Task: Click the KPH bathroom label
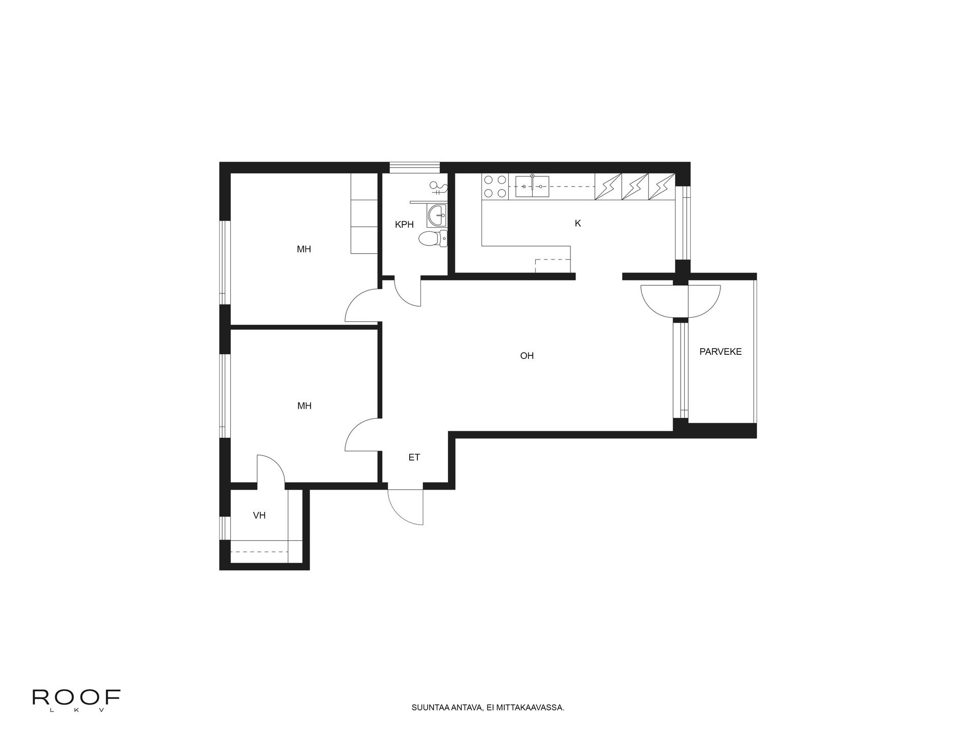click(404, 224)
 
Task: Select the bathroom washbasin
click(437, 216)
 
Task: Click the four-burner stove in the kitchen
click(495, 186)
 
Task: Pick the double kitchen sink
click(532, 186)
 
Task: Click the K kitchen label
click(577, 223)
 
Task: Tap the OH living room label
click(527, 356)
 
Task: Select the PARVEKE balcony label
click(720, 351)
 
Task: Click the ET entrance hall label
click(414, 457)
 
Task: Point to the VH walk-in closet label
click(259, 515)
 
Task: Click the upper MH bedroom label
click(304, 249)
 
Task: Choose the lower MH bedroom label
click(304, 406)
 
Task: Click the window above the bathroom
click(414, 168)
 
